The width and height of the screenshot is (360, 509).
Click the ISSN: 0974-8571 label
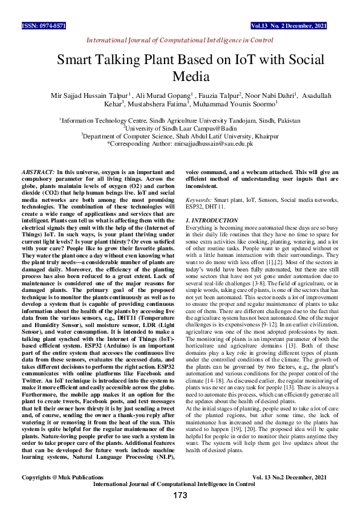pyautogui.click(x=44, y=27)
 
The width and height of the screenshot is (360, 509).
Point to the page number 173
pyautogui.click(x=180, y=496)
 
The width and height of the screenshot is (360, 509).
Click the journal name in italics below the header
pyautogui.click(x=180, y=40)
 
